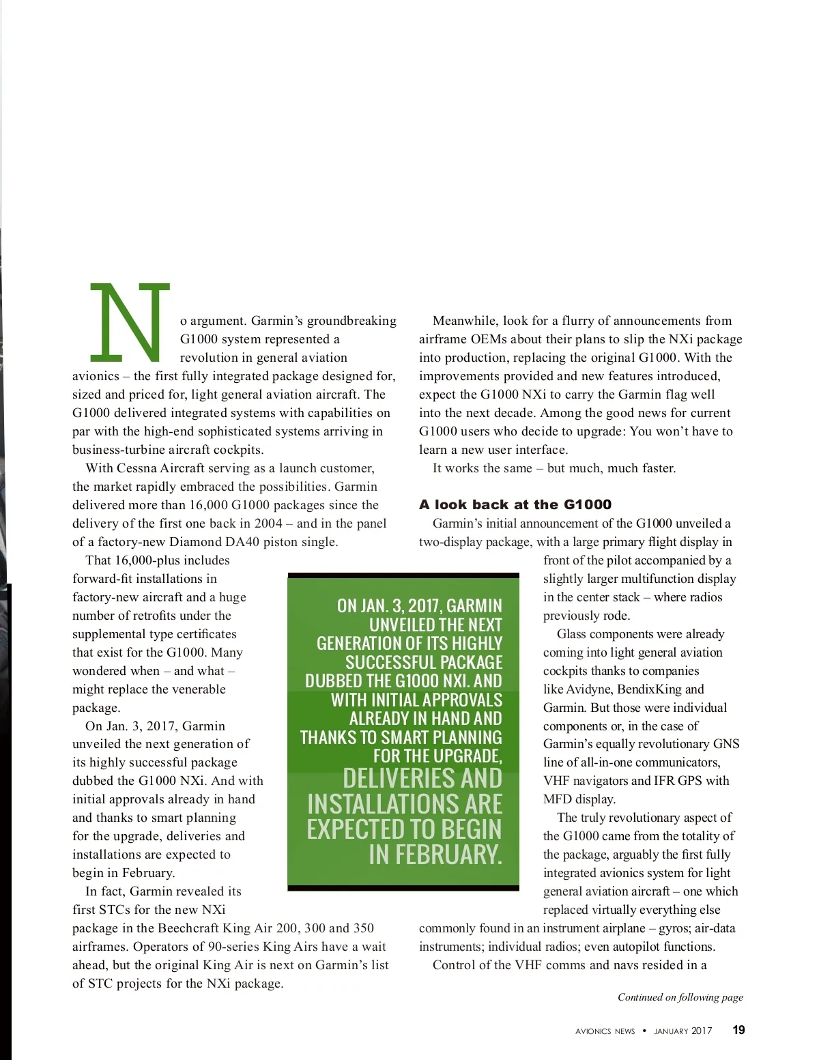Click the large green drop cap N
(x=130, y=322)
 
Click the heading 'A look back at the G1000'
(x=515, y=504)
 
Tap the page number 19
(x=738, y=1031)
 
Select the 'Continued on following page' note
(x=680, y=997)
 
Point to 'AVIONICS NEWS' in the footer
(x=605, y=1031)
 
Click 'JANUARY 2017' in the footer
(x=682, y=1031)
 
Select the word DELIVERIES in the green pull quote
(x=422, y=779)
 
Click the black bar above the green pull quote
(x=403, y=575)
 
